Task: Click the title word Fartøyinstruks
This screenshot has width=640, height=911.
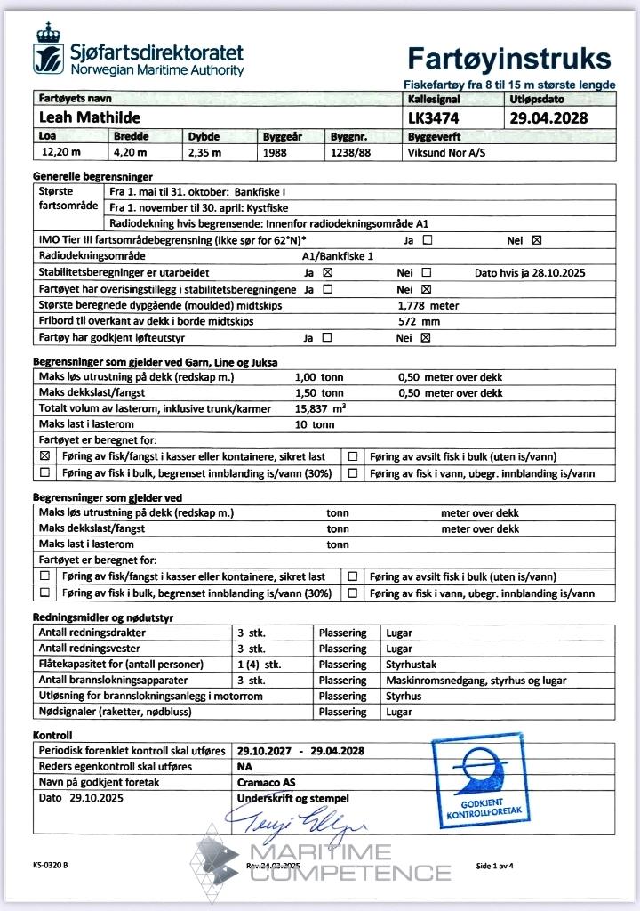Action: coord(509,59)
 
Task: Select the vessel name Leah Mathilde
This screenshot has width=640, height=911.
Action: coord(91,117)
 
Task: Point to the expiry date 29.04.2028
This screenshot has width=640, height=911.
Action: coord(548,117)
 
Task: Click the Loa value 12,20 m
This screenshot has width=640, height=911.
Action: coord(61,152)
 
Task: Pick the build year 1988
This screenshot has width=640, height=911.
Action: coord(277,152)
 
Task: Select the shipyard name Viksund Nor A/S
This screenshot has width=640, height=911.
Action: coord(447,152)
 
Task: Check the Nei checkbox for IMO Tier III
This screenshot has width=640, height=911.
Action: coord(536,240)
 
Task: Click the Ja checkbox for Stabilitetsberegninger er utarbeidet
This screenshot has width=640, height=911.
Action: coord(327,272)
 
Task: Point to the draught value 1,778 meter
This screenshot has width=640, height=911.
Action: coord(429,305)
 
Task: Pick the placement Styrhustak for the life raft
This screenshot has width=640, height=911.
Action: coord(410,665)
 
